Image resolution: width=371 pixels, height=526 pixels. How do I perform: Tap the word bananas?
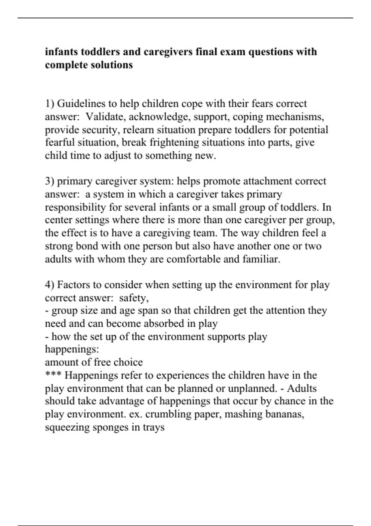[x=284, y=414]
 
